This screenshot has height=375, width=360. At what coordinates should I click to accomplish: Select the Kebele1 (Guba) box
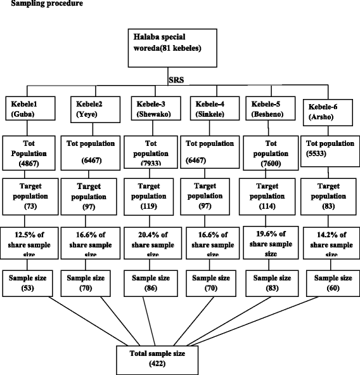(29, 109)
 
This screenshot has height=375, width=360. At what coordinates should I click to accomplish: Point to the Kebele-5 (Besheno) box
(266, 109)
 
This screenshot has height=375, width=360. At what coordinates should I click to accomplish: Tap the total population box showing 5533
(326, 152)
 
